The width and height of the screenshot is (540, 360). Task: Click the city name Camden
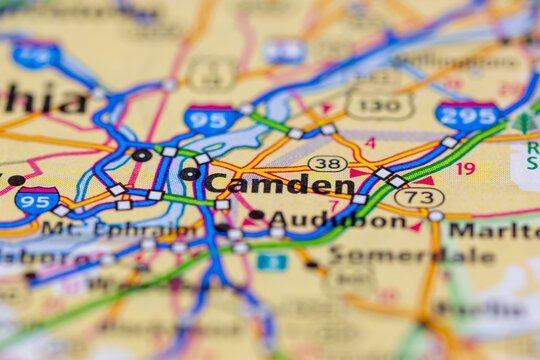[x=279, y=184]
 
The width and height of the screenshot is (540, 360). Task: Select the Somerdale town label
[x=410, y=254]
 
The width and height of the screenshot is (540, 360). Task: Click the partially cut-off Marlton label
[x=493, y=229]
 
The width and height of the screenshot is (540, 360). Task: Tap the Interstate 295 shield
[x=467, y=116]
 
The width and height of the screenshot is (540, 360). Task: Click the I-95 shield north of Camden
[x=211, y=119]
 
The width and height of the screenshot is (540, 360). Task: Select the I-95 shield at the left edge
[x=36, y=199]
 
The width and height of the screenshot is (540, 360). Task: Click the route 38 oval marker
[x=327, y=163]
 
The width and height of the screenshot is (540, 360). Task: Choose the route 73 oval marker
[x=419, y=197]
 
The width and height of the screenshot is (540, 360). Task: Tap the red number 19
[x=466, y=168]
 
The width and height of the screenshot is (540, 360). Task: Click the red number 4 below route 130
[x=370, y=143]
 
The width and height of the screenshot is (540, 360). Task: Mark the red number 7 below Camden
[x=333, y=204]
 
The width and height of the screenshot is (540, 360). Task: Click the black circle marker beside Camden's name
[x=189, y=174]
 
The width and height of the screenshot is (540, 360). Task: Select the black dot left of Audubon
[x=256, y=215]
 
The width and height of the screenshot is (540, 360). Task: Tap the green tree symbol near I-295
[x=524, y=124]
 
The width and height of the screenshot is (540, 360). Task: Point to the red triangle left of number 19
[x=426, y=181]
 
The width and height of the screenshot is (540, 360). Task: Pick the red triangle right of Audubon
[x=416, y=226]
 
